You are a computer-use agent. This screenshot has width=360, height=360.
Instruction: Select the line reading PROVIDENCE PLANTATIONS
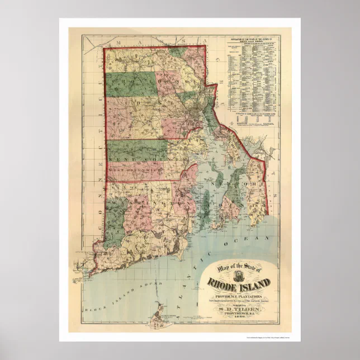[x=243, y=296]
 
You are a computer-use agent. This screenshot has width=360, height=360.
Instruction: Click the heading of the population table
[x=255, y=40]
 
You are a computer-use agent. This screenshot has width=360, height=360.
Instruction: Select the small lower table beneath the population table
[x=255, y=120]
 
